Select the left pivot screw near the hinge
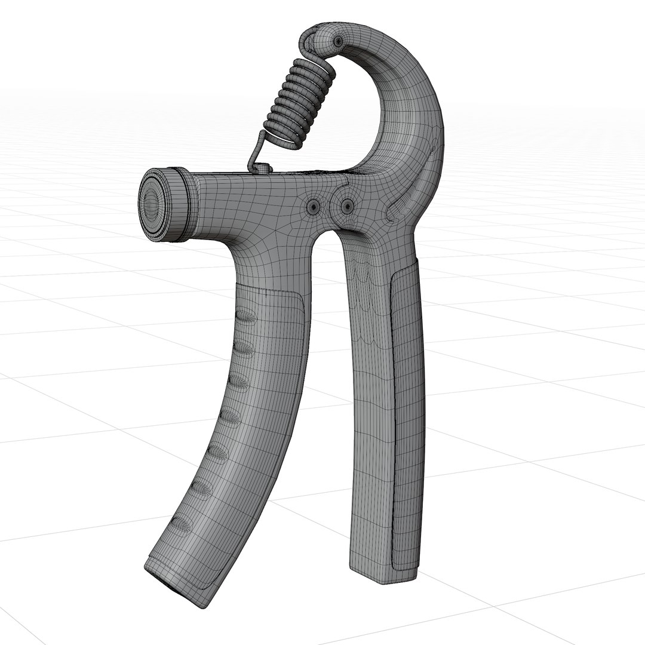pos(313,207)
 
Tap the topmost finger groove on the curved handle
pos(246,317)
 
